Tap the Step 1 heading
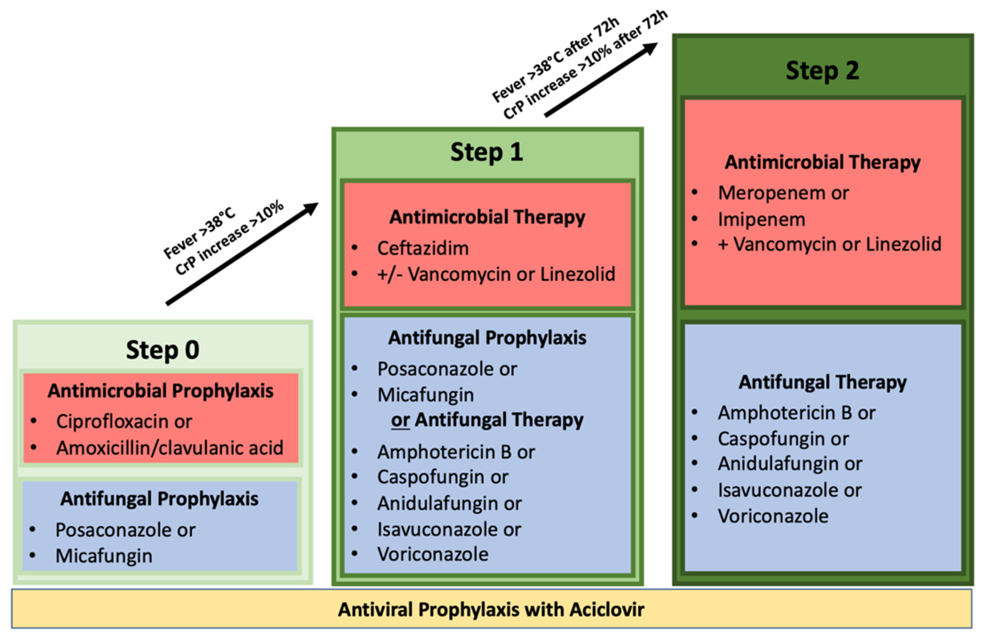pyautogui.click(x=486, y=152)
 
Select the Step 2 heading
pyautogui.click(x=822, y=71)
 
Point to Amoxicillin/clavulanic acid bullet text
pyautogui.click(x=170, y=448)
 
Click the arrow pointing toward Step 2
pyautogui.click(x=601, y=80)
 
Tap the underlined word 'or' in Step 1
pyautogui.click(x=400, y=420)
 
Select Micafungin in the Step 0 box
pyautogui.click(x=104, y=556)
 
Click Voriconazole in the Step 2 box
pyautogui.click(x=773, y=516)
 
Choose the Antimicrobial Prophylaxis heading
pyautogui.click(x=160, y=391)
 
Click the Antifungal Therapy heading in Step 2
pyautogui.click(x=822, y=382)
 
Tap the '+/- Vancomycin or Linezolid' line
pyautogui.click(x=496, y=274)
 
